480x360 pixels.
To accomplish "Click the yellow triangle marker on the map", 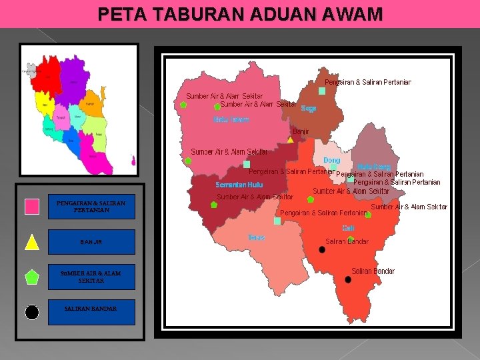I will pyautogui.click(x=290, y=140).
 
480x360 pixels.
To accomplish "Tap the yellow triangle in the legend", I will pyautogui.click(x=32, y=242).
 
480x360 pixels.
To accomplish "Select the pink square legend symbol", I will pyautogui.click(x=32, y=207).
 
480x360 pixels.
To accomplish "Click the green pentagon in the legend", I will pyautogui.click(x=32, y=277).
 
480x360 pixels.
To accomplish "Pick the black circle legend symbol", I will pyautogui.click(x=32, y=312).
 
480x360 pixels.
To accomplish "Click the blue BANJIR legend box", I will pyautogui.click(x=91, y=242).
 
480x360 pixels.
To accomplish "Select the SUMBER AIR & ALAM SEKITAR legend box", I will pyautogui.click(x=91, y=277).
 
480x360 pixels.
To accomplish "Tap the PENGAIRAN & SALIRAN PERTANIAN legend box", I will pyautogui.click(x=91, y=207).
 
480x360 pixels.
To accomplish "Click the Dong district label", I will pyautogui.click(x=331, y=161).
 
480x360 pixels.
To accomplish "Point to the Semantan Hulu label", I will pyautogui.click(x=239, y=185).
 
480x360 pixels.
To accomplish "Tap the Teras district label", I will pyautogui.click(x=256, y=237).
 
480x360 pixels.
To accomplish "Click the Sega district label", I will pyautogui.click(x=309, y=108).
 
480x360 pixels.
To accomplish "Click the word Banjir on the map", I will pyautogui.click(x=301, y=131).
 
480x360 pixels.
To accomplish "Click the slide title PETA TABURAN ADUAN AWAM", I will pyautogui.click(x=240, y=13).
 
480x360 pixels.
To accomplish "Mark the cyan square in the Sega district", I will pyautogui.click(x=322, y=91).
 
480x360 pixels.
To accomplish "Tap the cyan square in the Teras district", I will pyautogui.click(x=277, y=221).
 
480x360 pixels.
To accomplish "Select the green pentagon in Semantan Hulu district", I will pyautogui.click(x=214, y=205).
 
